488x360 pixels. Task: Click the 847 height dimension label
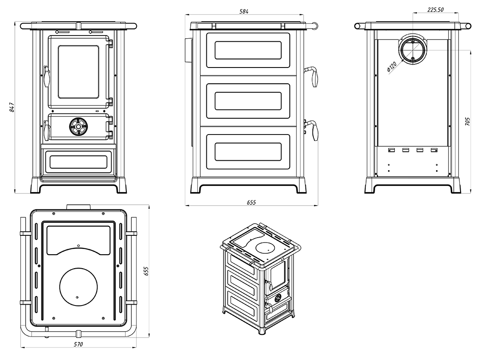pyautogui.click(x=12, y=107)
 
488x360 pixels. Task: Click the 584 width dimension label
pyautogui.click(x=244, y=11)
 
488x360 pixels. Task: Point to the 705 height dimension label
pyautogui.click(x=468, y=121)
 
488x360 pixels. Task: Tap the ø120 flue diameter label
pyautogui.click(x=391, y=67)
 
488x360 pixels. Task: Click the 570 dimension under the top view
pyautogui.click(x=79, y=345)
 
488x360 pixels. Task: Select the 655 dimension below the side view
pyautogui.click(x=251, y=202)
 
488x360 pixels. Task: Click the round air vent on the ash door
pyautogui.click(x=78, y=126)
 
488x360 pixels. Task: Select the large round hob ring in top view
pyautogui.click(x=78, y=288)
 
